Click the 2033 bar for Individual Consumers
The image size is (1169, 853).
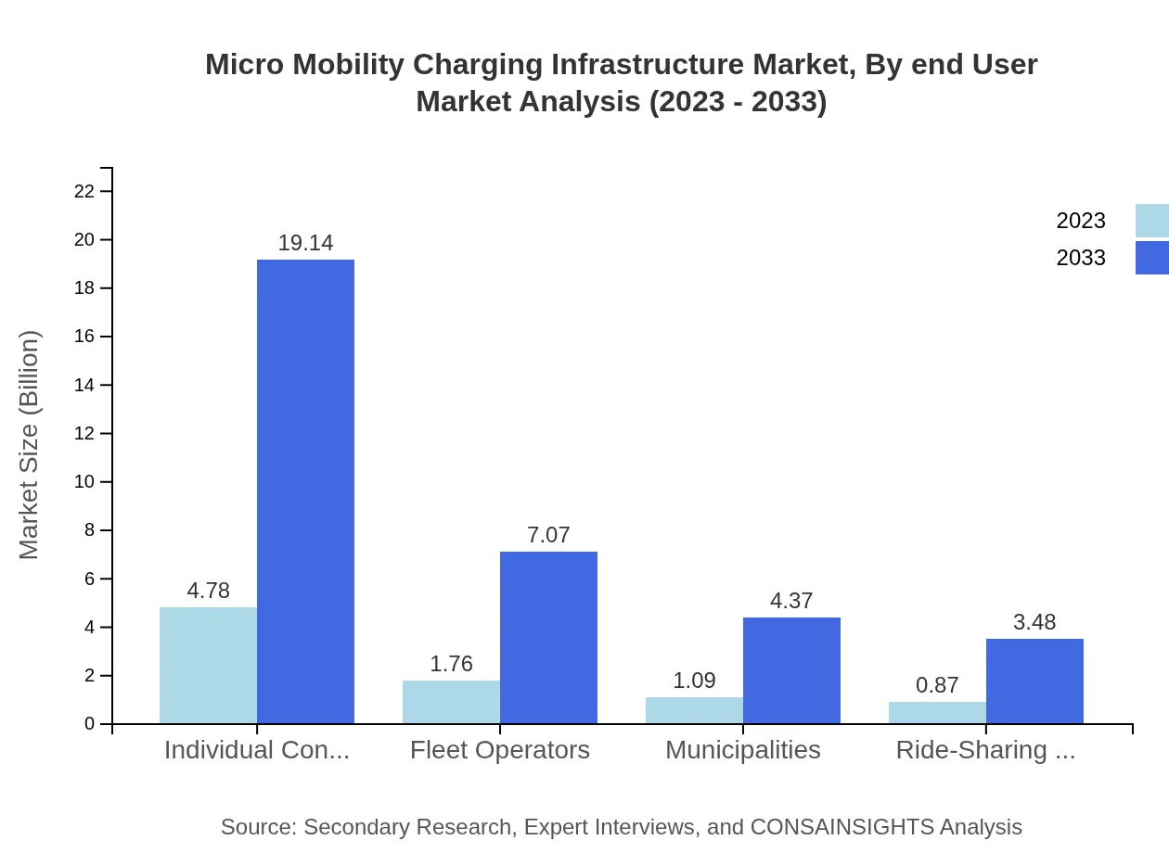[305, 491]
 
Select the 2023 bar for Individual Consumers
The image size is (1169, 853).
[208, 665]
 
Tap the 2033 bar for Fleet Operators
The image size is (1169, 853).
[548, 637]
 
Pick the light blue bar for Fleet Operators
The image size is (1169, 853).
[451, 702]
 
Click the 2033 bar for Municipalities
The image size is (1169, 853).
[791, 669]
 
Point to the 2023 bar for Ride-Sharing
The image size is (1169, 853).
[937, 712]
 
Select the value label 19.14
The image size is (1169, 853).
[305, 243]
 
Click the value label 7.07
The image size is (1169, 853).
[548, 535]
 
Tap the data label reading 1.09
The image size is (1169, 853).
[694, 681]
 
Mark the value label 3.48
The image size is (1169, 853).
[1034, 622]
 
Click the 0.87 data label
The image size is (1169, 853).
[937, 685]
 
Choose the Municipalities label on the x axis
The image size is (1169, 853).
[742, 750]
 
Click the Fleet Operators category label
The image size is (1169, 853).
[500, 750]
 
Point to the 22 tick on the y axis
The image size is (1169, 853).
[84, 191]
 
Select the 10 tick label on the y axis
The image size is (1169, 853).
[84, 482]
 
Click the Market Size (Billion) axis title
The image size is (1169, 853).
[30, 445]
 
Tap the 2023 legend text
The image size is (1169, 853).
[1081, 221]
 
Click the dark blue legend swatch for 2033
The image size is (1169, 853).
[1151, 258]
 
